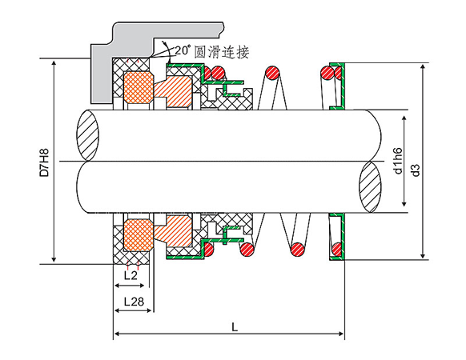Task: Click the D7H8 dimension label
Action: [44, 162]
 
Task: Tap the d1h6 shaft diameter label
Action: [397, 160]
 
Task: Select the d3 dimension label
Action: [416, 170]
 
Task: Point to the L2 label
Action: [131, 275]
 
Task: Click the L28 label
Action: [134, 302]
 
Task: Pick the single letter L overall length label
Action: [235, 327]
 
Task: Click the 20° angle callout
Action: [182, 50]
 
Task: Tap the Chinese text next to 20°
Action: [222, 52]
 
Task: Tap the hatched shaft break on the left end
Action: [87, 135]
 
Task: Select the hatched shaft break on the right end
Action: [370, 187]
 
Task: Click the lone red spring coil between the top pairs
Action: [272, 73]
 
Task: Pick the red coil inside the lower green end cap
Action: [337, 249]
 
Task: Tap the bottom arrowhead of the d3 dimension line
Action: [423, 256]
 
